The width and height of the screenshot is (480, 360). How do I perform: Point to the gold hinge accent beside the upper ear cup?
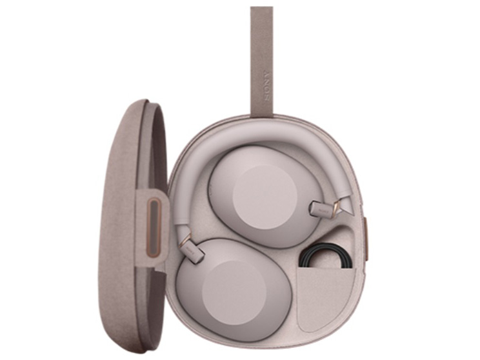click(x=336, y=207)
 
